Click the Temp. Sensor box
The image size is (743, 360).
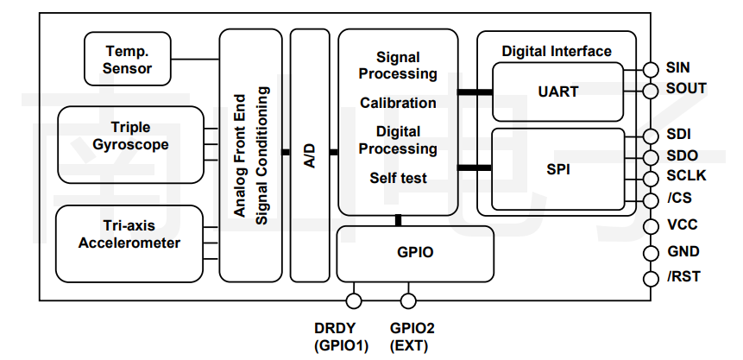tap(129, 59)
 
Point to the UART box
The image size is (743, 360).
tap(557, 91)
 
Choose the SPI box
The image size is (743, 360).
tap(557, 169)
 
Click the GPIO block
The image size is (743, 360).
tap(415, 253)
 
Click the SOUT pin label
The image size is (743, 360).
tap(686, 88)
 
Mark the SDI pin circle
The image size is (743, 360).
tap(652, 136)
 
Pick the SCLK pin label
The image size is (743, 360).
tap(686, 176)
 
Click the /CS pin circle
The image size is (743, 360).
tap(652, 199)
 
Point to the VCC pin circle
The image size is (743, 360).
tap(652, 225)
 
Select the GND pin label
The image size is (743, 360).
tap(683, 252)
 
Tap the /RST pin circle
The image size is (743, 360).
tap(652, 278)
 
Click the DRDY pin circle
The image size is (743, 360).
tap(353, 300)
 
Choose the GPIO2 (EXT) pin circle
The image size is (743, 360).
tap(408, 300)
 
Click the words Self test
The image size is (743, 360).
tap(398, 179)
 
